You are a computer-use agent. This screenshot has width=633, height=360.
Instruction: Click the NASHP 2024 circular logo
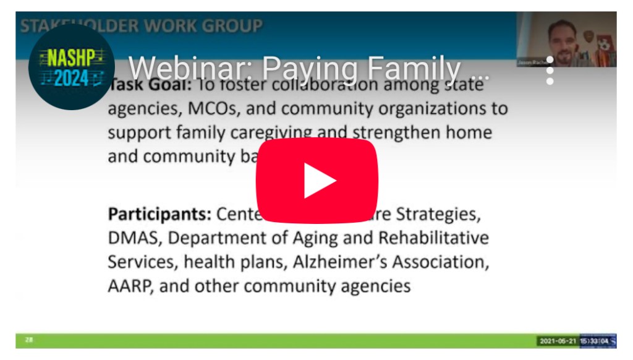[x=71, y=67]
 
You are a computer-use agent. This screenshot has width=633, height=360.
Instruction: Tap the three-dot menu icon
[x=550, y=71]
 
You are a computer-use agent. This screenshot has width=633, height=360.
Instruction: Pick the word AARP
[x=129, y=286]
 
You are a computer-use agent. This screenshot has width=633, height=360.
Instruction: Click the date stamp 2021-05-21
[x=558, y=341]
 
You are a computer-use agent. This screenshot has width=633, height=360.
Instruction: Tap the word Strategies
[x=438, y=214]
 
